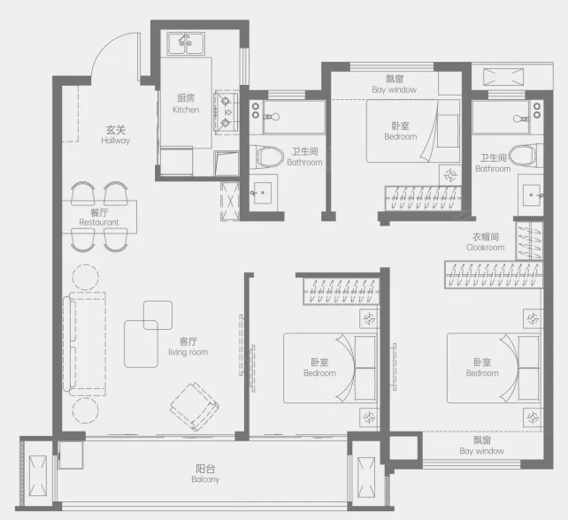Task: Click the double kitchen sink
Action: coord(186,43)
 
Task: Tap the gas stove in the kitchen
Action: coord(226,112)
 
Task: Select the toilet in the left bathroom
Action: coord(266,157)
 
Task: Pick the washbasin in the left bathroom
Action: coord(261,194)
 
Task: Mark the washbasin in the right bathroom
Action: coord(532,195)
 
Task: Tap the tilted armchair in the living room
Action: coord(195,406)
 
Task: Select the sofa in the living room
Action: coord(84,344)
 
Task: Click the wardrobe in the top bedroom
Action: coord(422,198)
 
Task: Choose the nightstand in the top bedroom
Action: coord(450,175)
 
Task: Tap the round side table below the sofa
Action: coord(85,410)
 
